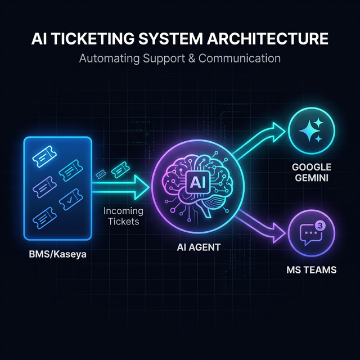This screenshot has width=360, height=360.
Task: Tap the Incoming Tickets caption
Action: pyautogui.click(x=123, y=217)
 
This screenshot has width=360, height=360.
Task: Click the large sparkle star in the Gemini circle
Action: pyautogui.click(x=308, y=129)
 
